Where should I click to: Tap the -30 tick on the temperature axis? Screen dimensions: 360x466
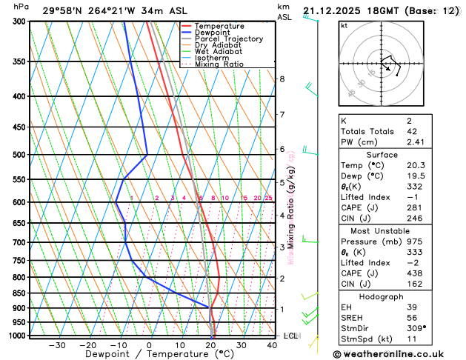(56, 344)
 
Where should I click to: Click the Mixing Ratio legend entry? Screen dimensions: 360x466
(221, 64)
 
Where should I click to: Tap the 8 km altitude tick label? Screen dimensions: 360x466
(282, 79)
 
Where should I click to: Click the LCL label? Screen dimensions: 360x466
(291, 336)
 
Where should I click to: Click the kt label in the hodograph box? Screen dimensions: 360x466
(344, 25)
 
